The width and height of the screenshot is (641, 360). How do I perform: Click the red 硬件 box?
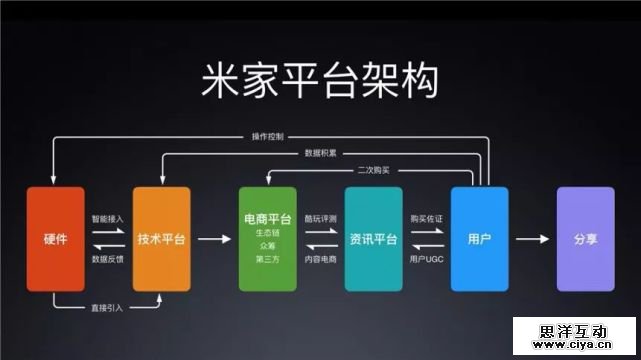56,239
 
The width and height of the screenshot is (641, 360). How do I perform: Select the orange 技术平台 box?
161,239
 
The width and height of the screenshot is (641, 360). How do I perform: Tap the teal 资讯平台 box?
374,239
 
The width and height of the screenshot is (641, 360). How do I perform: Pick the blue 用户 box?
480,239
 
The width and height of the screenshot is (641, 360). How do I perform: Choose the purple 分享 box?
585,239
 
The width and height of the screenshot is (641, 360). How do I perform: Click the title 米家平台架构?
320,80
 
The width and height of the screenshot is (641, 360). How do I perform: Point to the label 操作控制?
268,136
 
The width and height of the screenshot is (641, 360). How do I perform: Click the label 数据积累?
320,153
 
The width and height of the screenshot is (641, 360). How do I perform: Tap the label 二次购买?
374,170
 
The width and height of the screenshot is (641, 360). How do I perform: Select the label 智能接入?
108,219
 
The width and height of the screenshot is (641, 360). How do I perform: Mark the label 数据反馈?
108,259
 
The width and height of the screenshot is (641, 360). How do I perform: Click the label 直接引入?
107,308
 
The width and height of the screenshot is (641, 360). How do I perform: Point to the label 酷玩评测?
320,219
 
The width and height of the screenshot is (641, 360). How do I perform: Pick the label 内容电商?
320,259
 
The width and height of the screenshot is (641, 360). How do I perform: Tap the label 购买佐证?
426,219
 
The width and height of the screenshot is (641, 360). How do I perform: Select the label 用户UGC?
426,259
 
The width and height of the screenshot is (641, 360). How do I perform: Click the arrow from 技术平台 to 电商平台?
215,239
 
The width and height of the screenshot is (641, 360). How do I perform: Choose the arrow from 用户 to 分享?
532,239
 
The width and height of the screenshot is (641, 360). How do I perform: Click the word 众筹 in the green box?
268,246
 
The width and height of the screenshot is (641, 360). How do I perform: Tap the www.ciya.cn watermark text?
572,344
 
